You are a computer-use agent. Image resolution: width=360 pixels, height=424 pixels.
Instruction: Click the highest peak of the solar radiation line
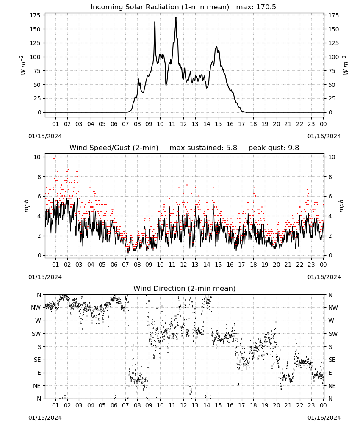point(176,18)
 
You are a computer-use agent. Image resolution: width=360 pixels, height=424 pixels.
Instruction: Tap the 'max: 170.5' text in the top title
point(256,7)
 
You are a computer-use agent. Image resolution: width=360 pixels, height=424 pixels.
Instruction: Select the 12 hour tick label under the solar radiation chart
point(183,124)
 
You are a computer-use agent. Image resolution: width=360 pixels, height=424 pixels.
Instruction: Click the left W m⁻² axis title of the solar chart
point(23,65)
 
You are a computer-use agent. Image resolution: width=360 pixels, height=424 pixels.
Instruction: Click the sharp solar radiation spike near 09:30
point(155,22)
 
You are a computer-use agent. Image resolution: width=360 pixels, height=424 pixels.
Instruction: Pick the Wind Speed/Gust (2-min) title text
point(114,148)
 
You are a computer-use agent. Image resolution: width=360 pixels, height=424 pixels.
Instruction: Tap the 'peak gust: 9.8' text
point(274,148)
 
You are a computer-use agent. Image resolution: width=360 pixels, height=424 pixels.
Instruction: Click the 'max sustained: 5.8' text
point(203,148)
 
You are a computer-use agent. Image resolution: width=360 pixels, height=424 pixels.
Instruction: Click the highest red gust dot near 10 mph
point(54,159)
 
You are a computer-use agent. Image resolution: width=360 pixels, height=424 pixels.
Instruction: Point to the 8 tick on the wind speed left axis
point(39,177)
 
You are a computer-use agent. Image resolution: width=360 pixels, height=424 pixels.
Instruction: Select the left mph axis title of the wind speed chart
point(26,206)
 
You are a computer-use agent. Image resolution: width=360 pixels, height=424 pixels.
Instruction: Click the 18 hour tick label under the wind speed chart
point(253,265)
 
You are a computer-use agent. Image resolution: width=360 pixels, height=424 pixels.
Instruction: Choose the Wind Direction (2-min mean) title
point(185,288)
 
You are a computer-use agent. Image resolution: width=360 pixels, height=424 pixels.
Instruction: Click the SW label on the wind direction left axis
point(36,334)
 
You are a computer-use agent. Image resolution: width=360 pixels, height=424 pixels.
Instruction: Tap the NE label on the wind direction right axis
point(332,386)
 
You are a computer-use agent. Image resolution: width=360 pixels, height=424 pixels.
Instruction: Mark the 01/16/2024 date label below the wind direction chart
point(324,418)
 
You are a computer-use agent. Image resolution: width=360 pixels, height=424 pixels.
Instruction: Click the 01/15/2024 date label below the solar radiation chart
point(45,136)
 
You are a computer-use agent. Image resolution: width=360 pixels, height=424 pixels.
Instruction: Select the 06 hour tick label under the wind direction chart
point(114,406)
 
